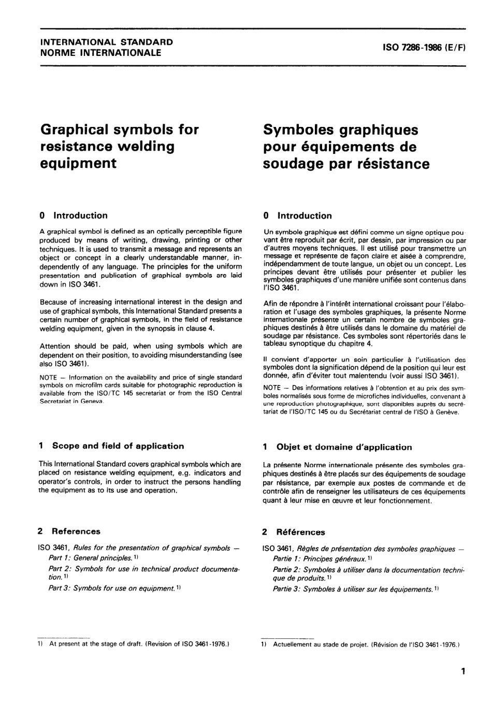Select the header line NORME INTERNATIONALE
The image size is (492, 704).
tap(100, 52)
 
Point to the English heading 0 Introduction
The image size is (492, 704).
tap(74, 215)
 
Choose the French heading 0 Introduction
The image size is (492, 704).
tap(297, 215)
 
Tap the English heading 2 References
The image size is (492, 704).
tap(69, 531)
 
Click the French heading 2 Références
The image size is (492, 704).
tap(294, 532)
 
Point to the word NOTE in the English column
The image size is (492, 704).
tap(48, 377)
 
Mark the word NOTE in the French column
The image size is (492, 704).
tap(272, 388)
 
